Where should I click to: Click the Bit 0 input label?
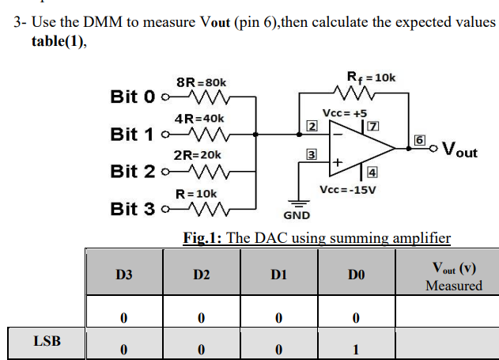click(x=133, y=97)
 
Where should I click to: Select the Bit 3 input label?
click(x=133, y=209)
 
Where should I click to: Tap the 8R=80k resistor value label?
click(x=201, y=82)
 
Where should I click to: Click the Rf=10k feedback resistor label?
click(x=371, y=78)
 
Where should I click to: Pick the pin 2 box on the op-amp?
click(x=312, y=127)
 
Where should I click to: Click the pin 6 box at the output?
click(x=420, y=140)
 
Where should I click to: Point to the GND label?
click(x=297, y=215)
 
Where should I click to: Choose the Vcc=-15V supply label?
click(x=347, y=190)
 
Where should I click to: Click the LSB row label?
click(x=47, y=341)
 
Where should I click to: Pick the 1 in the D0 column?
click(x=356, y=348)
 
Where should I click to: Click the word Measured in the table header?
click(x=453, y=285)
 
